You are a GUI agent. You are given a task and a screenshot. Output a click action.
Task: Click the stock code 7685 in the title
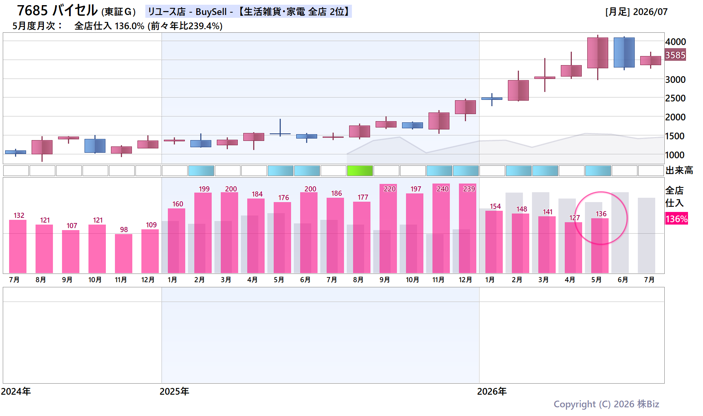point(32,11)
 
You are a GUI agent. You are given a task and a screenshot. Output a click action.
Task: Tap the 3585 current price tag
point(675,55)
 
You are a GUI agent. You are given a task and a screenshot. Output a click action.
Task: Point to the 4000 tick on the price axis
point(675,42)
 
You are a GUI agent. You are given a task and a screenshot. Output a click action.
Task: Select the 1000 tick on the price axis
point(675,155)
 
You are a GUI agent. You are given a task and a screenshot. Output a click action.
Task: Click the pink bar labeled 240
point(441,229)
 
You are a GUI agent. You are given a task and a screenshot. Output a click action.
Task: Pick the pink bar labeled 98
point(124,254)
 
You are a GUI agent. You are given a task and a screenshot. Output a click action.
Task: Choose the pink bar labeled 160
point(177,241)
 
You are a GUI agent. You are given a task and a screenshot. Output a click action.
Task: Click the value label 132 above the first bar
point(19,215)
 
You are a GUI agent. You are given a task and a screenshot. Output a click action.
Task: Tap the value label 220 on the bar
point(390,189)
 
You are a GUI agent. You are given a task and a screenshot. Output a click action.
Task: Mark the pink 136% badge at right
point(677,219)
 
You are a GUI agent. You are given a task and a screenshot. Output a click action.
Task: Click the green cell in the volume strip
point(360,171)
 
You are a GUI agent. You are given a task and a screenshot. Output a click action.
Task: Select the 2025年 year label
point(174,392)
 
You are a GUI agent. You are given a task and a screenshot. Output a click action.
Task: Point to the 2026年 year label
point(492,392)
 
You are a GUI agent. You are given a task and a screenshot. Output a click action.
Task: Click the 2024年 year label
point(16,392)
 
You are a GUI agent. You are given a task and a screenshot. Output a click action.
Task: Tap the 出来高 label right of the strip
point(679,171)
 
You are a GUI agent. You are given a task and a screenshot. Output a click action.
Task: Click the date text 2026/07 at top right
point(650,12)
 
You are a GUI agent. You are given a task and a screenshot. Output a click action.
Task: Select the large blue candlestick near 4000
point(624,52)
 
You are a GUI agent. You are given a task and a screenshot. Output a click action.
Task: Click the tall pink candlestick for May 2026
point(598,53)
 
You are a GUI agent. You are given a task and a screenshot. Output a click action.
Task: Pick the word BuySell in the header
point(211,12)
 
